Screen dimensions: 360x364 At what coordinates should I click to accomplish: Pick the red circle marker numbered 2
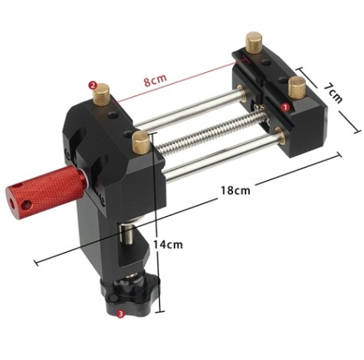pos(93,86)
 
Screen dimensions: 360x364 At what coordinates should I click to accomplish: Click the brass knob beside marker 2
pos(103,98)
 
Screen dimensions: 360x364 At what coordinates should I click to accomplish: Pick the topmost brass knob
pos(253,42)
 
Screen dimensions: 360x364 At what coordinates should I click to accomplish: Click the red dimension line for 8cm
pos(184,77)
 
